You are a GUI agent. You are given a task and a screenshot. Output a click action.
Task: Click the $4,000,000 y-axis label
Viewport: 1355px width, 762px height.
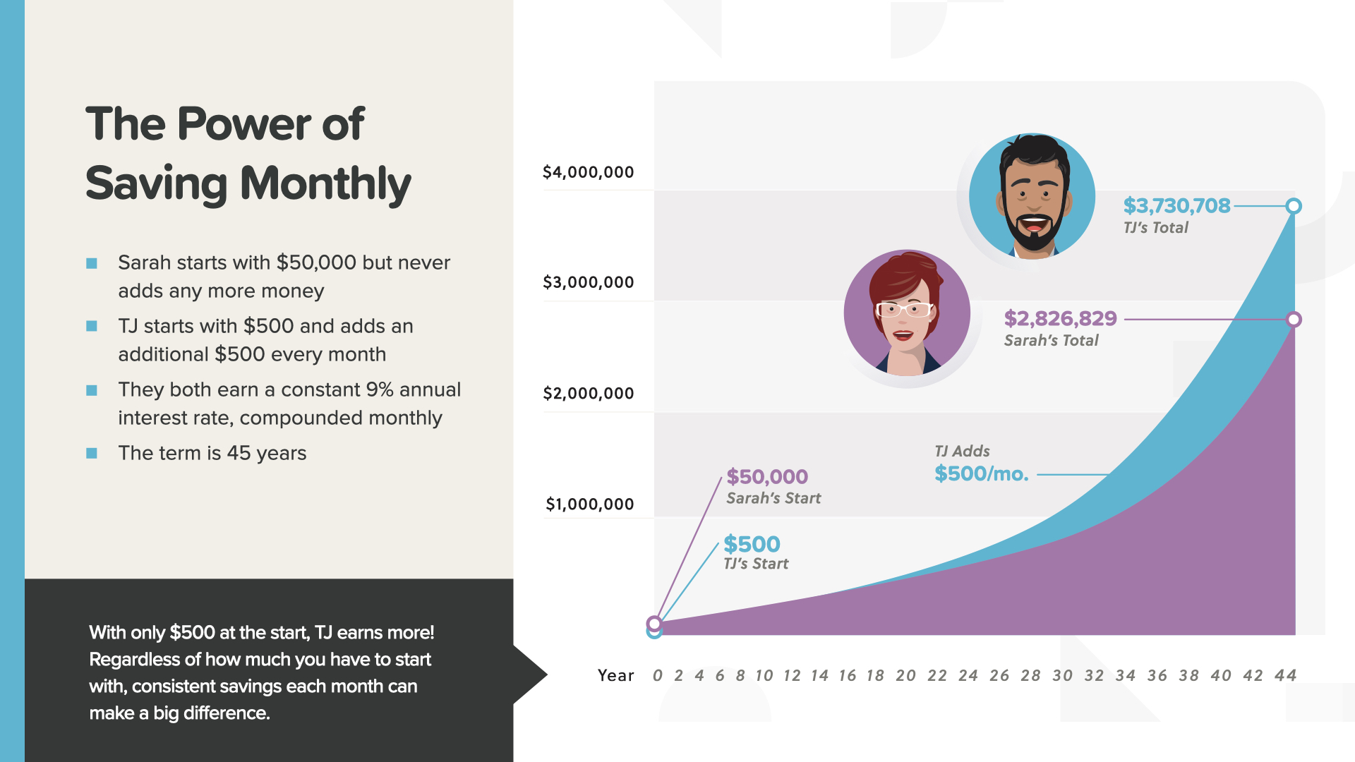click(x=588, y=172)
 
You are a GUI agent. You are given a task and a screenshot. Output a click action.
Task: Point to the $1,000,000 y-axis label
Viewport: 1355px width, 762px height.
click(x=589, y=504)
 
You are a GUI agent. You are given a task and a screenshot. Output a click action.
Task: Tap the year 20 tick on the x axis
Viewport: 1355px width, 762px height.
click(x=905, y=676)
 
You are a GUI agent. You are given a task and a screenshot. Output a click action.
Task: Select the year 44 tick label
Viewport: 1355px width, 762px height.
click(x=1285, y=676)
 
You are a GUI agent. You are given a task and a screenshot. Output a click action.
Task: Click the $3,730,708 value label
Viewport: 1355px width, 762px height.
click(x=1176, y=206)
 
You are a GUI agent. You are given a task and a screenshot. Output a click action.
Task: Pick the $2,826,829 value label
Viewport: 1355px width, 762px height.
click(x=1060, y=319)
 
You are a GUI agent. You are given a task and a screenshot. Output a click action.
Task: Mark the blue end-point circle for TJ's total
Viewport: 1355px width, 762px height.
click(x=1294, y=206)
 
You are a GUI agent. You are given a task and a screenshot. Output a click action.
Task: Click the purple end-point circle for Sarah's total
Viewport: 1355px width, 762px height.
click(x=1294, y=320)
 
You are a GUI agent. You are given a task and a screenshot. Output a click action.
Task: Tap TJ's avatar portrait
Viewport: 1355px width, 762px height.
click(x=1032, y=196)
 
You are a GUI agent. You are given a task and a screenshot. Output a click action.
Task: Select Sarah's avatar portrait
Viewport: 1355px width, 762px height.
click(x=907, y=313)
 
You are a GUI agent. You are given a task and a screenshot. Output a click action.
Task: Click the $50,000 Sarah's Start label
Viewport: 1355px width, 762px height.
click(x=767, y=477)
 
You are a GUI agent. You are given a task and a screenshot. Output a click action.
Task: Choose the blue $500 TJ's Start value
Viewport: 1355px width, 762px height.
click(x=752, y=545)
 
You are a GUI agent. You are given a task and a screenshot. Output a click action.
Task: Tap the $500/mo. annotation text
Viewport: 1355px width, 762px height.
click(x=981, y=474)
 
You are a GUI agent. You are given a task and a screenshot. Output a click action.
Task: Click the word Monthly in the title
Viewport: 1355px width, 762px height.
click(x=325, y=183)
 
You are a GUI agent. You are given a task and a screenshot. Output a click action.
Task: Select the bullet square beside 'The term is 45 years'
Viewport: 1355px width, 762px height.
click(x=92, y=453)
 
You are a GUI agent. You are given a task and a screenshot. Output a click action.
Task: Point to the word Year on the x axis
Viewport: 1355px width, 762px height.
click(x=615, y=676)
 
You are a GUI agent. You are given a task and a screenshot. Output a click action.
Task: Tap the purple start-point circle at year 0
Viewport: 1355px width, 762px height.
click(x=654, y=624)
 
